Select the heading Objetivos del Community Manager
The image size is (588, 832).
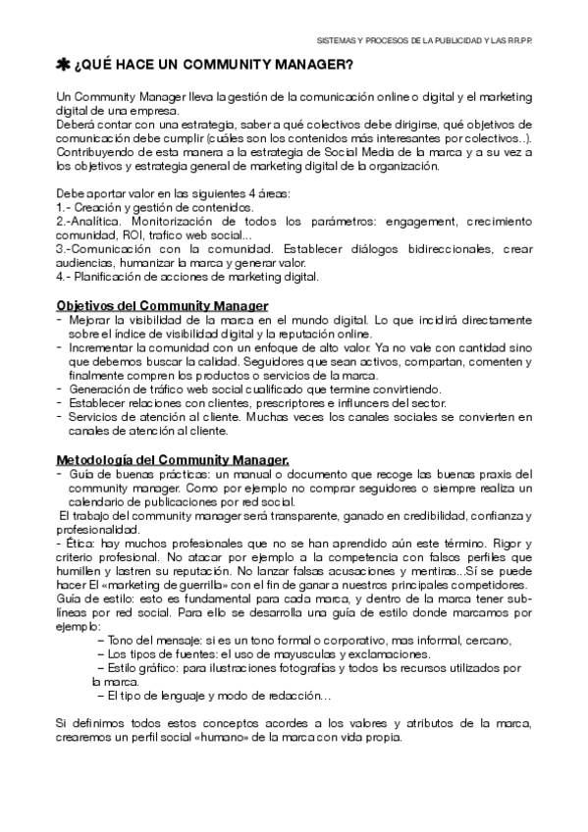[x=162, y=306]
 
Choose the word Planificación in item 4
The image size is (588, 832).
[x=106, y=278]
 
